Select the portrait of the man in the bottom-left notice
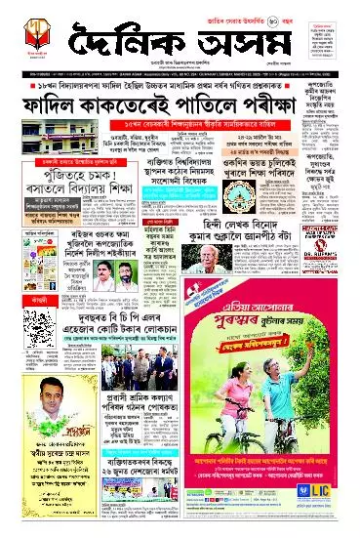33,402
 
